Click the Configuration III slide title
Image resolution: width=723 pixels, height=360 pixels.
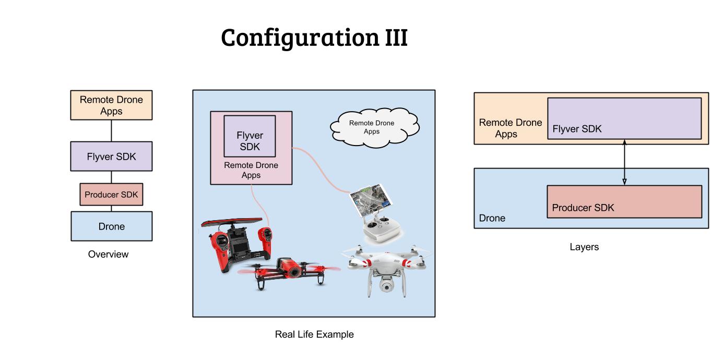314,38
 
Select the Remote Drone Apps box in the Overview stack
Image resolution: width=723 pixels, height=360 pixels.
111,105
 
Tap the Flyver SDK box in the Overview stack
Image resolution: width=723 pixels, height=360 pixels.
111,156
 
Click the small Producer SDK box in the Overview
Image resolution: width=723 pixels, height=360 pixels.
111,195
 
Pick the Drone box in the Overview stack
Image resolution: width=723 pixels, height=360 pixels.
111,226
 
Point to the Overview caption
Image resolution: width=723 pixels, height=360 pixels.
108,255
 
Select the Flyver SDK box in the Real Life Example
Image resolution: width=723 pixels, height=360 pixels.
250,136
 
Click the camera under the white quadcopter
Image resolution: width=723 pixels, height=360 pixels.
386,285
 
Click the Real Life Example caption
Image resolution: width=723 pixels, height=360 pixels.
314,334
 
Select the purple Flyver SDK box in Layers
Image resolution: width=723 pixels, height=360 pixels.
624,118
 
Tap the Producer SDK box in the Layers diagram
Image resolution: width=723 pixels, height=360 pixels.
624,201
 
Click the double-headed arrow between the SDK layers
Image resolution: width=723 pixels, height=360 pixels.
624,162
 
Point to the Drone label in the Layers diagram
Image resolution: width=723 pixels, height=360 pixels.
492,218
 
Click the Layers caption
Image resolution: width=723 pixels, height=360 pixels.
584,247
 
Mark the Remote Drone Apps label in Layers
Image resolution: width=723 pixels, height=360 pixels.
510,128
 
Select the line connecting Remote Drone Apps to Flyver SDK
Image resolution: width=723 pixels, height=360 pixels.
111,130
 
